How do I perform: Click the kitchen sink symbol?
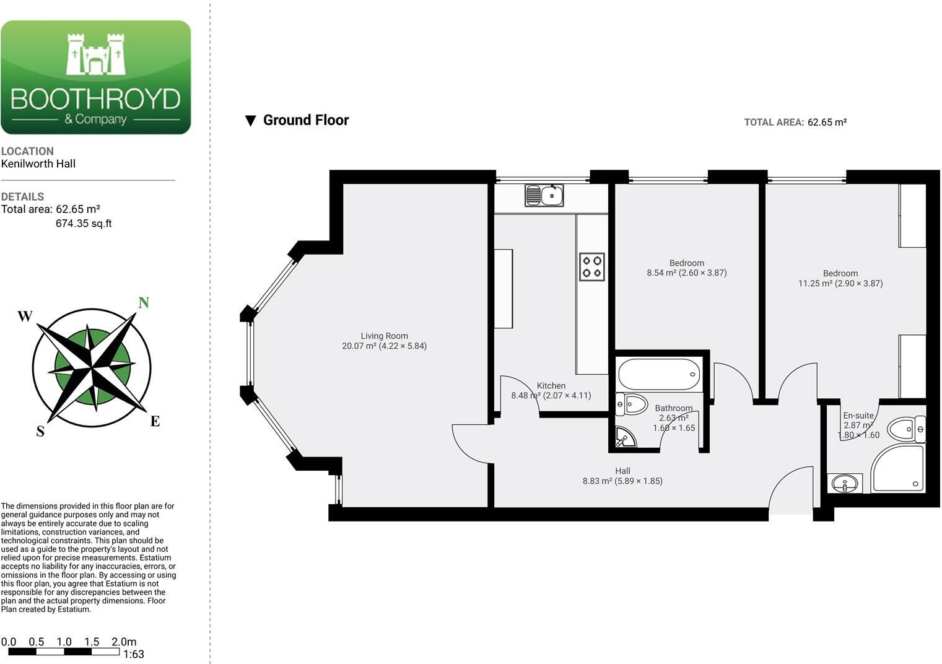pyautogui.click(x=544, y=196)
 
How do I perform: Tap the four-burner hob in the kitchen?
pyautogui.click(x=592, y=266)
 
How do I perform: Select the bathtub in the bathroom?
pyautogui.click(x=659, y=374)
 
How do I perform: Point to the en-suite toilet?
pyautogui.click(x=907, y=429)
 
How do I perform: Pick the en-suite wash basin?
pyautogui.click(x=845, y=483)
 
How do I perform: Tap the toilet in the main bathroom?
pyautogui.click(x=632, y=404)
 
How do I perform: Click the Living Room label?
pyautogui.click(x=385, y=336)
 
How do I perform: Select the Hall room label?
pyautogui.click(x=623, y=471)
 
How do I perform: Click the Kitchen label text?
pyautogui.click(x=551, y=386)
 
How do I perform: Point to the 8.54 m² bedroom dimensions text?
pyautogui.click(x=687, y=273)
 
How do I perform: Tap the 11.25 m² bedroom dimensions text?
pyautogui.click(x=840, y=284)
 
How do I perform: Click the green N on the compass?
pyautogui.click(x=144, y=302)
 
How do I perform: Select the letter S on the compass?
pyautogui.click(x=40, y=431)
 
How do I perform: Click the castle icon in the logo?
pyautogui.click(x=96, y=55)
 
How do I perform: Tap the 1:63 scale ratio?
pyautogui.click(x=134, y=654)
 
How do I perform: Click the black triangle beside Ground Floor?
pyautogui.click(x=251, y=121)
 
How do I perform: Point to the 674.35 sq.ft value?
pyautogui.click(x=84, y=224)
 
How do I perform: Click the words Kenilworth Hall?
pyautogui.click(x=38, y=164)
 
